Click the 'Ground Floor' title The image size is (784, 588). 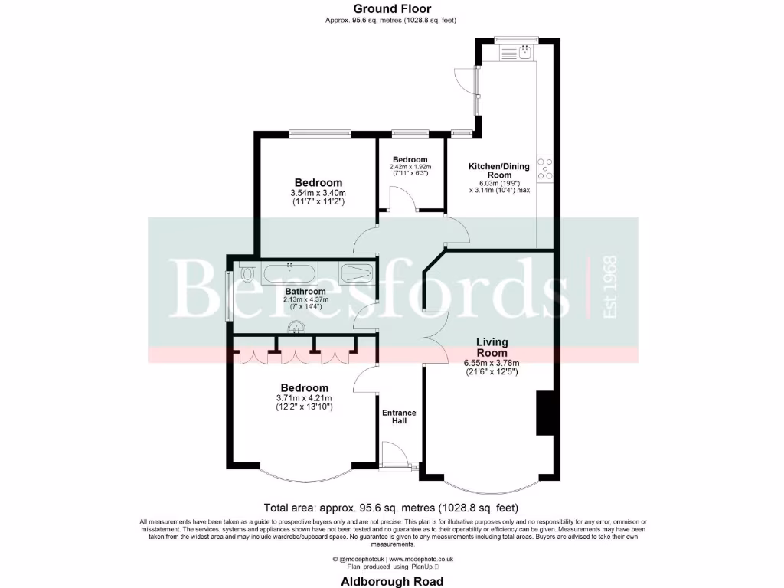[x=391, y=9]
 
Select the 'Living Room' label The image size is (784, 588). [x=492, y=348]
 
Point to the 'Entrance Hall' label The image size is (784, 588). [x=399, y=417]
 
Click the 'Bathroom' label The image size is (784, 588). [x=305, y=292]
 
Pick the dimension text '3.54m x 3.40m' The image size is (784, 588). [x=318, y=193]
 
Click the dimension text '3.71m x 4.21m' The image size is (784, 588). [x=304, y=398]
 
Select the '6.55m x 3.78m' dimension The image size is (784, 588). [x=492, y=363]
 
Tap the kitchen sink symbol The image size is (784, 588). [x=525, y=51]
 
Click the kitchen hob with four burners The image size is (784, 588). [x=545, y=168]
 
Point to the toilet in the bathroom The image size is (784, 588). [x=246, y=272]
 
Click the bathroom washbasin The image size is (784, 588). [x=297, y=328]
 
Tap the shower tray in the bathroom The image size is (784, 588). [x=356, y=273]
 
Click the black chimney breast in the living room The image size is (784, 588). [x=545, y=413]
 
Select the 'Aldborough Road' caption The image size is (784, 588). [x=391, y=582]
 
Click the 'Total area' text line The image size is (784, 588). [x=391, y=508]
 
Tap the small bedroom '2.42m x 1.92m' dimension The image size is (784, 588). [x=410, y=167]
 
